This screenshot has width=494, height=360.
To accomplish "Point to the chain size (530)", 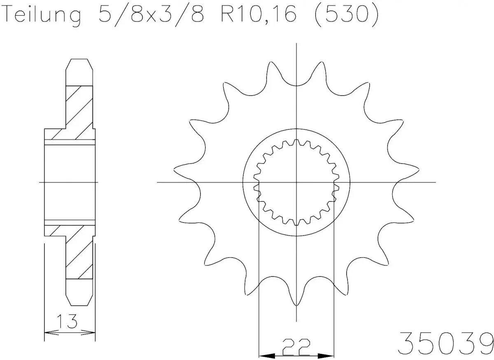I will pos(347,15).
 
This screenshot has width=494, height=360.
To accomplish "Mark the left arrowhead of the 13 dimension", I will pos(48,332).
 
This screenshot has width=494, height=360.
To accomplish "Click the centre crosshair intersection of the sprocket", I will pos(296,182).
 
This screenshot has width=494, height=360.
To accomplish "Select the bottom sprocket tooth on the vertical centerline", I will pos(296,302).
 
